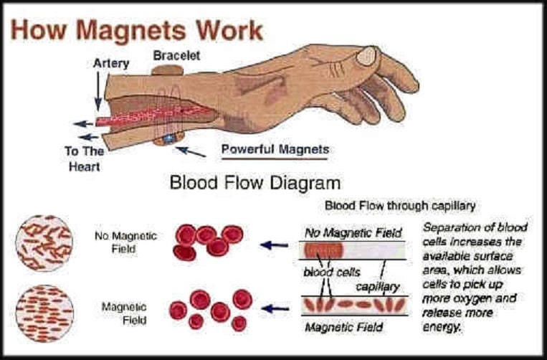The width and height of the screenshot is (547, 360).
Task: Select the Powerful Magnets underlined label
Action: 275,150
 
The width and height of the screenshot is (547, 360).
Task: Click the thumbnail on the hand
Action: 368,55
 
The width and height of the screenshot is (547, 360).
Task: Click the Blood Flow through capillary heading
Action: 400,205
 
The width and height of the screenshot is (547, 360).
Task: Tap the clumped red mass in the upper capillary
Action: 323,250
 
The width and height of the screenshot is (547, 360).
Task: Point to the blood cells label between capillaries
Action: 330,273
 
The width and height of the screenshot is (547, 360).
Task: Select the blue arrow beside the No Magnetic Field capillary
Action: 275,245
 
